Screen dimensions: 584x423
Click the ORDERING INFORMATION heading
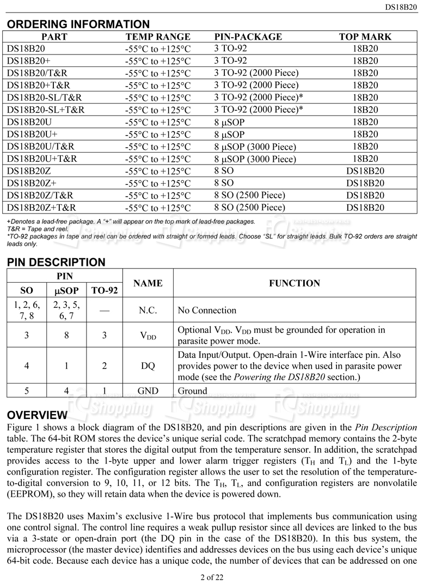point(78,24)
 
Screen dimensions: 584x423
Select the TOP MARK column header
point(365,37)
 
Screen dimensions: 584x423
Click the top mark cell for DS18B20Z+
point(365,183)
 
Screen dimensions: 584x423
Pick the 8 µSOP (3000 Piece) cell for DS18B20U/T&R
point(255,147)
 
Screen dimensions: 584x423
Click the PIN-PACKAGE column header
point(248,37)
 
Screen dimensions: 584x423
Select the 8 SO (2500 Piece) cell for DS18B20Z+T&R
point(249,208)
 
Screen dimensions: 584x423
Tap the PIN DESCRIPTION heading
point(56,262)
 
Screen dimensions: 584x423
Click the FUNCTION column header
point(295,283)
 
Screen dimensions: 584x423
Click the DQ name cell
point(148,366)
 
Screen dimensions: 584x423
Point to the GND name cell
point(148,391)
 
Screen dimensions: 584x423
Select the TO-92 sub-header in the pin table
point(105,290)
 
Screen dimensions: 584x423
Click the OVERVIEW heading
point(37,415)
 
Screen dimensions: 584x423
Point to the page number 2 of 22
point(211,577)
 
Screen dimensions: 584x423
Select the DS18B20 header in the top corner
point(401,7)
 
